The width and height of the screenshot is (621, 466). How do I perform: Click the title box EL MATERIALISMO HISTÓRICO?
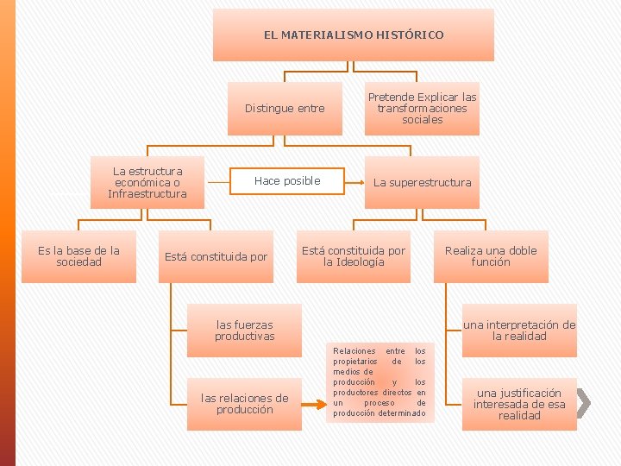tap(354, 35)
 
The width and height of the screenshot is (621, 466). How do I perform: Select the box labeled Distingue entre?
tap(285, 109)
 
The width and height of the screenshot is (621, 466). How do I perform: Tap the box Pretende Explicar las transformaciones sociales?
tap(422, 109)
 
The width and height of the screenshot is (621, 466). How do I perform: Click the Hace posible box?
tap(287, 181)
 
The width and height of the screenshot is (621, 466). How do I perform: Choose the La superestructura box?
tap(422, 182)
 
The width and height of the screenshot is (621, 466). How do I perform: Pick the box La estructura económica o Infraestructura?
tap(147, 182)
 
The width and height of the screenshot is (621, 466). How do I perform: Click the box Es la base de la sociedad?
tap(78, 256)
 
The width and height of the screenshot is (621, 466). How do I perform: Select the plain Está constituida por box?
tap(216, 256)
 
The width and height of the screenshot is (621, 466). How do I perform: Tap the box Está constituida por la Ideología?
tap(354, 256)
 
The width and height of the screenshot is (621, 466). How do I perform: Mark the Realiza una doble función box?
tap(490, 256)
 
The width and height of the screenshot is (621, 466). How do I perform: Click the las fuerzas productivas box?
tap(244, 331)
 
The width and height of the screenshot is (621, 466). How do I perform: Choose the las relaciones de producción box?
tap(244, 404)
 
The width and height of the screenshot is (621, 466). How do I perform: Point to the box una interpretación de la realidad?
tap(519, 331)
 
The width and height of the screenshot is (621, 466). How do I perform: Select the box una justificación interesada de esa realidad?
tap(519, 404)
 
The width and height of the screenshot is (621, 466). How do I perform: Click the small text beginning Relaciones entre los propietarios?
tap(379, 382)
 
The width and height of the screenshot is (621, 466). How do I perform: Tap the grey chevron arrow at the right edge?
tap(583, 402)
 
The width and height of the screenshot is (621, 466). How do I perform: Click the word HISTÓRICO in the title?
tap(408, 35)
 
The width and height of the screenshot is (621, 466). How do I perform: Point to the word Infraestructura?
tap(147, 193)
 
